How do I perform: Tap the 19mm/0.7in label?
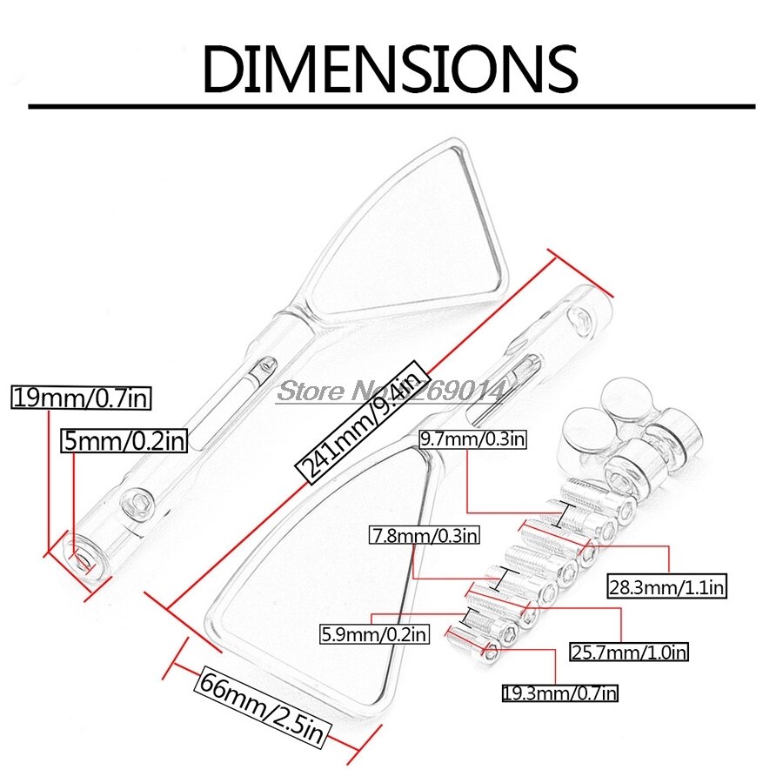point(82,398)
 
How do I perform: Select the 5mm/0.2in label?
point(125,440)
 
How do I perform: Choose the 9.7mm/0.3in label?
point(473,438)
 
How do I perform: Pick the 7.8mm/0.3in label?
point(425,534)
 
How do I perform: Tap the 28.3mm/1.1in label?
point(666,587)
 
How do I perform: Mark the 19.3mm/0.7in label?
point(560,693)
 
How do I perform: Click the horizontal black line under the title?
point(391,106)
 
